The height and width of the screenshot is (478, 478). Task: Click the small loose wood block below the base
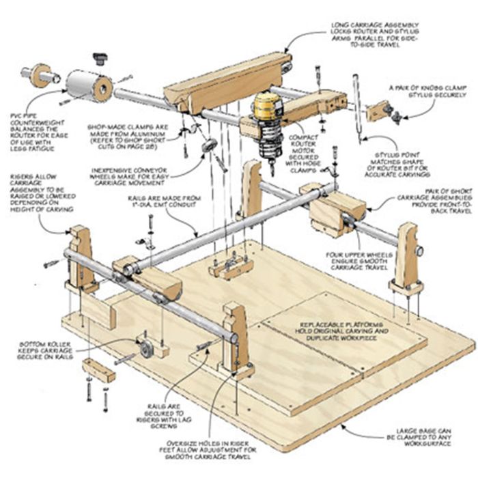click(x=98, y=369)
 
